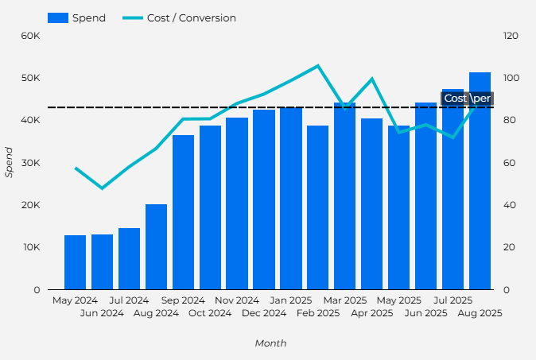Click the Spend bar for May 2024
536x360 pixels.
75,262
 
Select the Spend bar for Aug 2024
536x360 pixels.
156,247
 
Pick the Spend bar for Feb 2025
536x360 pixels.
318,207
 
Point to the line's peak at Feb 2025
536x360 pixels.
318,65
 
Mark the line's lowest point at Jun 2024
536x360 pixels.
102,188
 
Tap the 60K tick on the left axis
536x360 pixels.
31,36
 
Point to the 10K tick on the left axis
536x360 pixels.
31,247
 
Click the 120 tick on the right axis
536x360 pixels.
511,36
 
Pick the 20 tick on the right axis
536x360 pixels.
509,247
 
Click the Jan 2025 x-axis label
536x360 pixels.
290,300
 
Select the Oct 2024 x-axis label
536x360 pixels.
209,313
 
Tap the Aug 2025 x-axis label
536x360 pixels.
480,313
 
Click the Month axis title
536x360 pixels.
270,343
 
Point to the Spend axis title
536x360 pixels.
10,162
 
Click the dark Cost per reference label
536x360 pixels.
467,98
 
